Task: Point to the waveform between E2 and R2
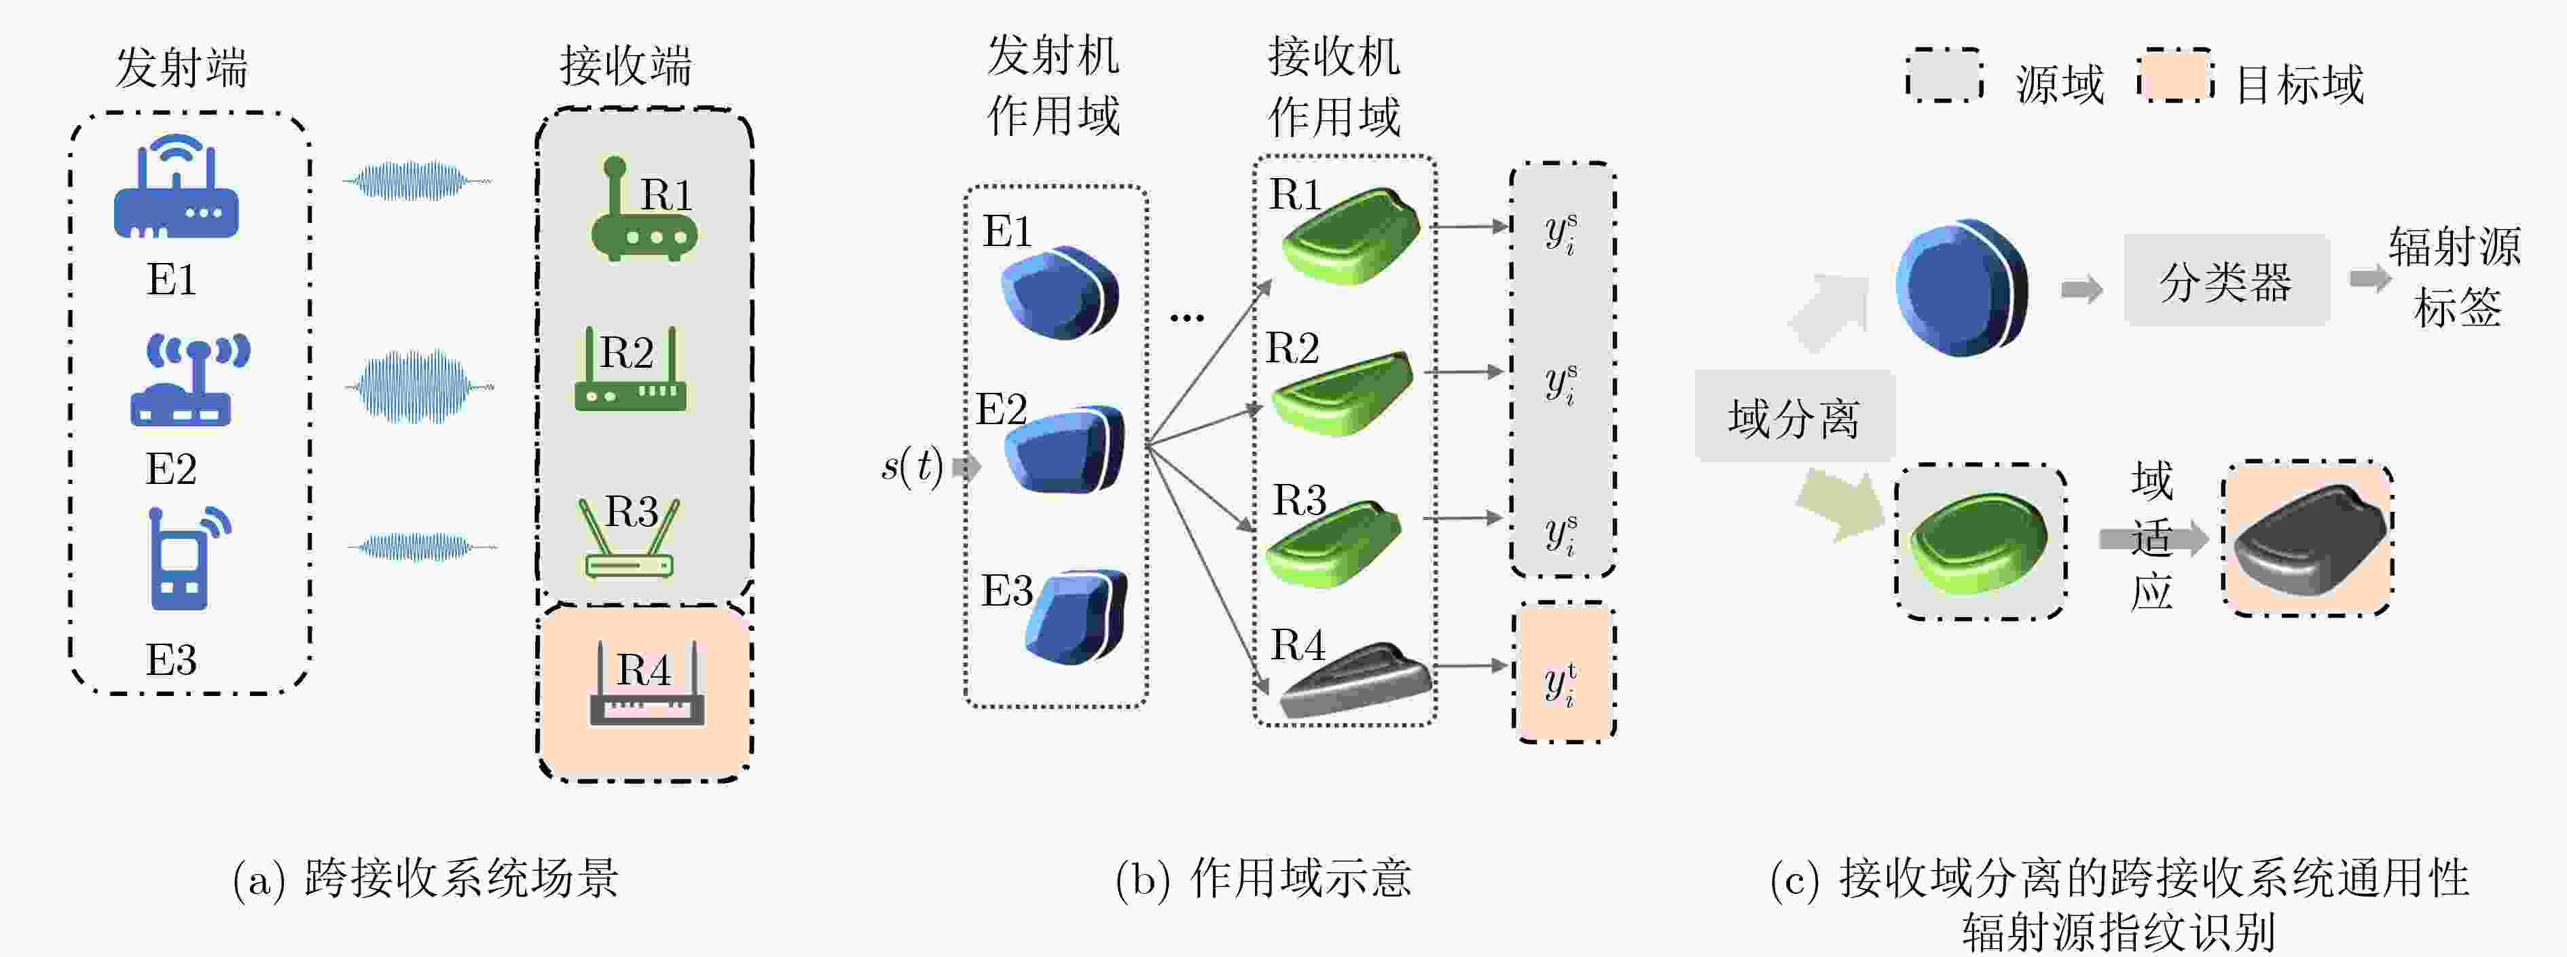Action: [x=420, y=386]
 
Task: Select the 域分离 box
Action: [x=1794, y=417]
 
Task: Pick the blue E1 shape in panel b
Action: [x=1059, y=292]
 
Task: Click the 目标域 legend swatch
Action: [x=2175, y=75]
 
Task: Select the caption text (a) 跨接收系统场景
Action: [x=426, y=878]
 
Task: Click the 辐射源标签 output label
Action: [x=2456, y=276]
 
